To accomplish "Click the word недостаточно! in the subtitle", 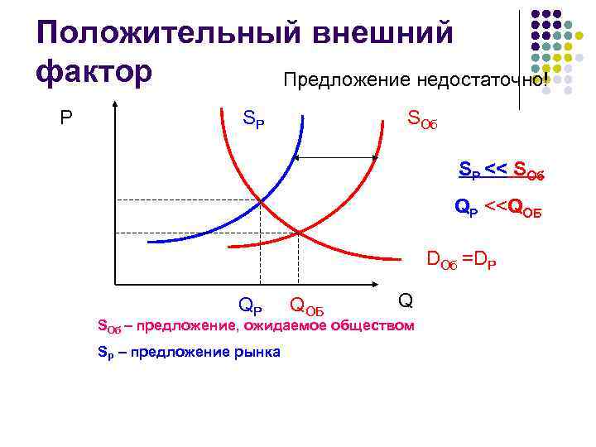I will click(471, 79).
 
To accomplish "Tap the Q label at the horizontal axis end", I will click(406, 300).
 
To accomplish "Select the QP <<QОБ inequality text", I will click(497, 207).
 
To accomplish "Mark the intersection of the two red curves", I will click(298, 232).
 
